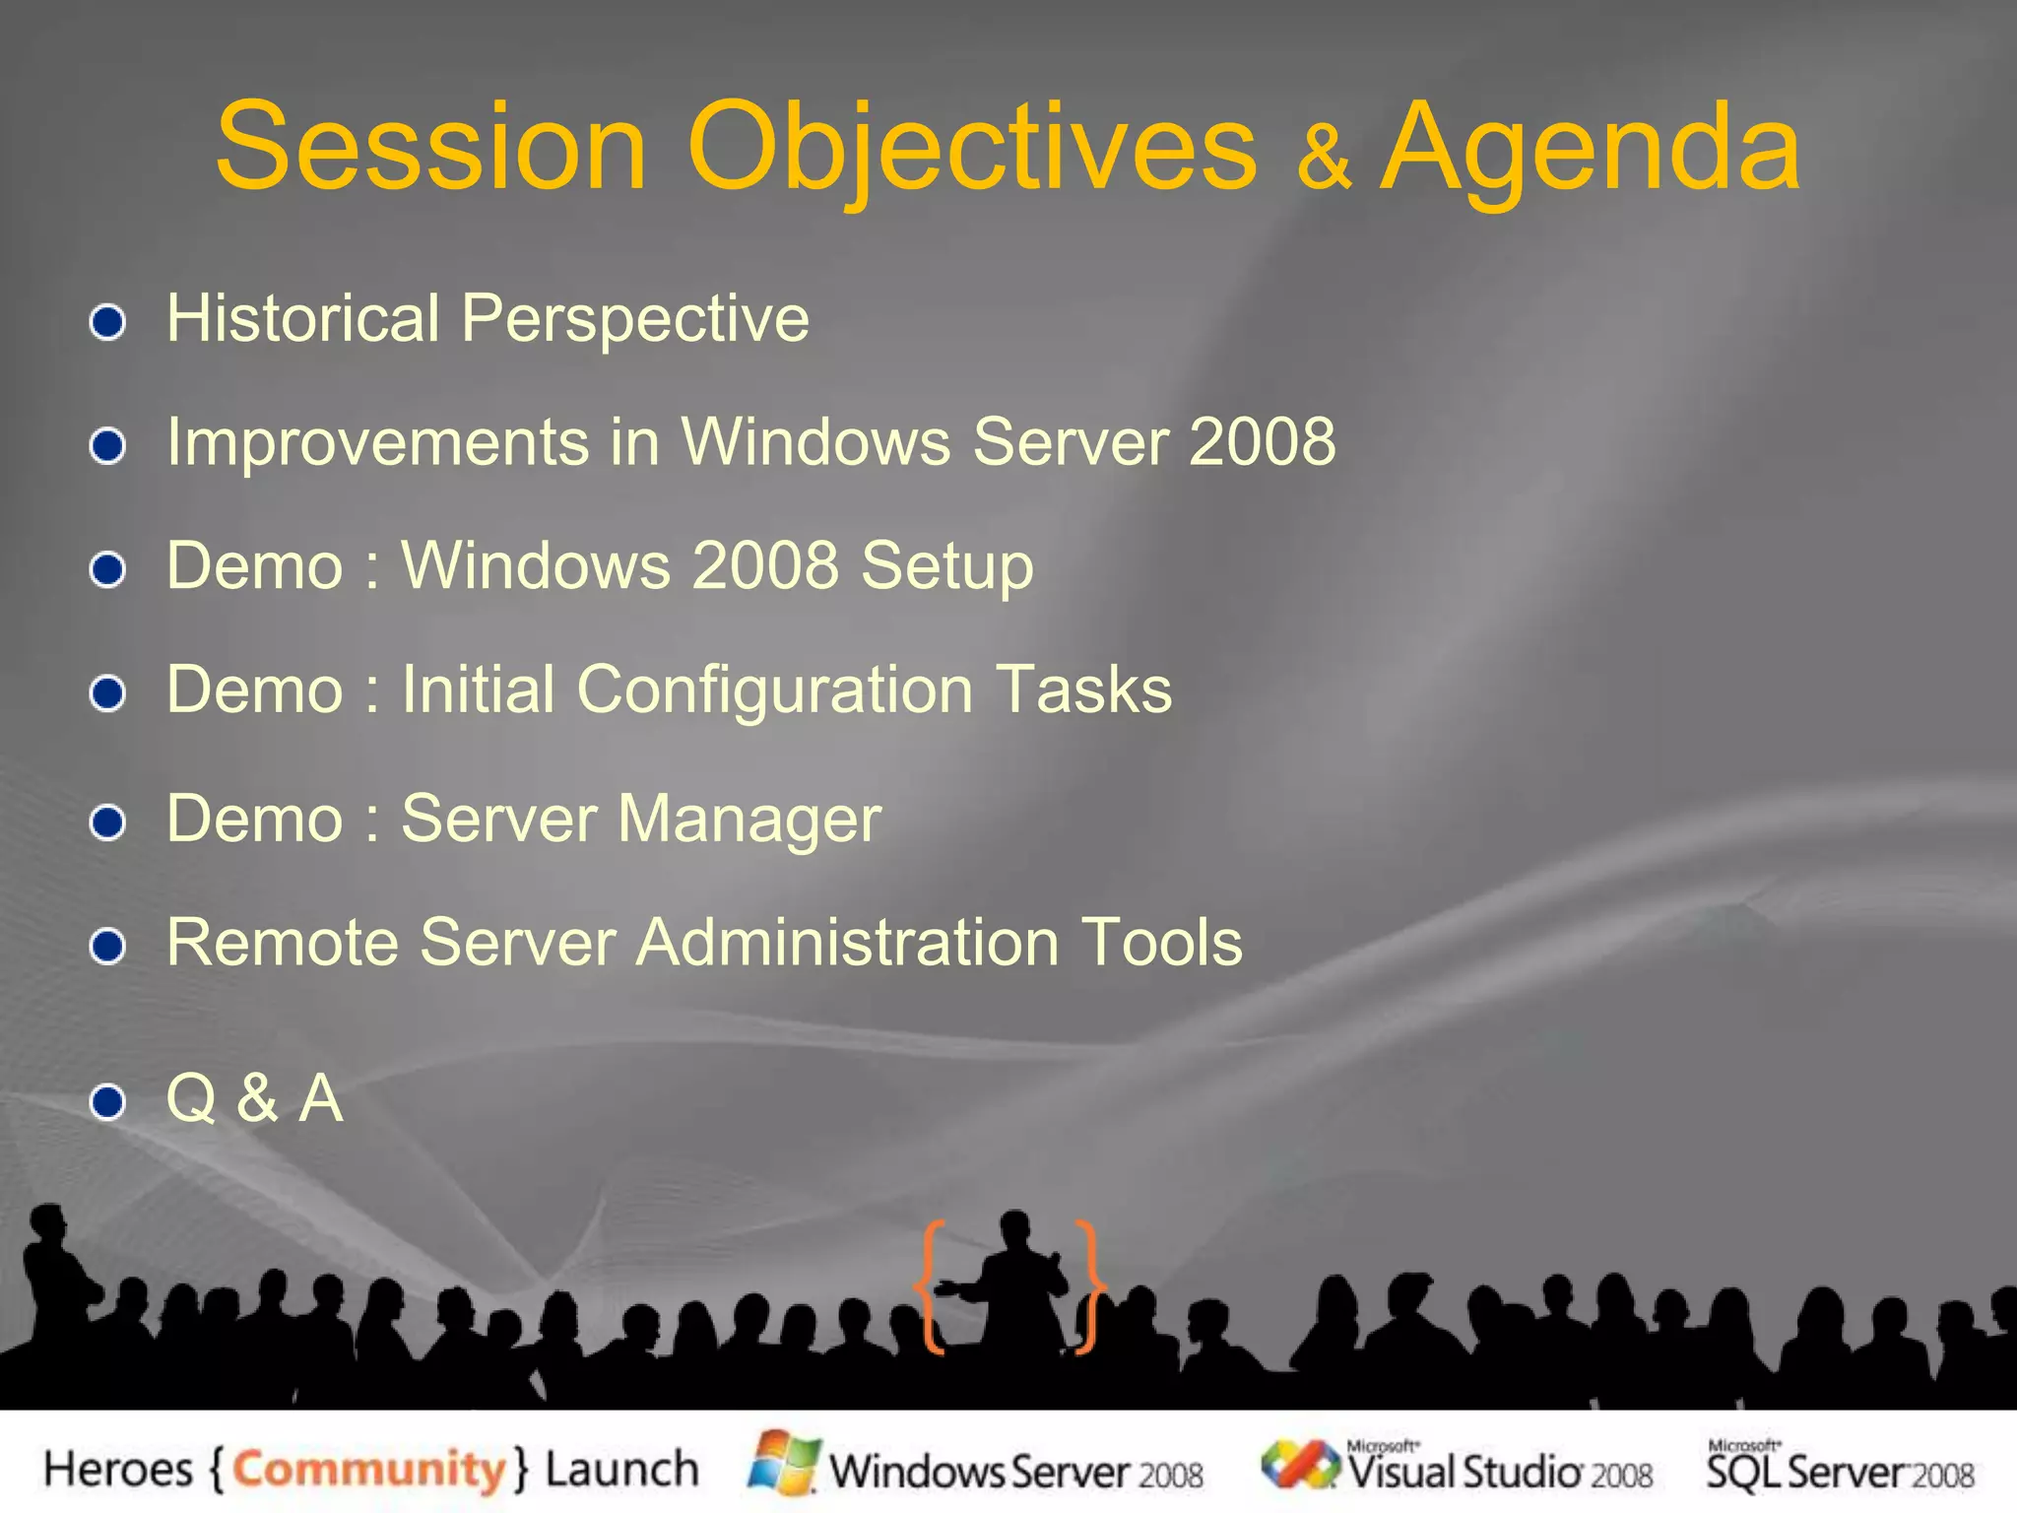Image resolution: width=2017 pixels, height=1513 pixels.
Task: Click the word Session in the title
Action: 431,148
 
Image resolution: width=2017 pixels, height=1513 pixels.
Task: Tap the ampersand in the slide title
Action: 1323,158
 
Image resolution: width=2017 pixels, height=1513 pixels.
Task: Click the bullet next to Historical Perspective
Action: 107,322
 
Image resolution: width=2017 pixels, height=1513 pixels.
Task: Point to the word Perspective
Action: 635,319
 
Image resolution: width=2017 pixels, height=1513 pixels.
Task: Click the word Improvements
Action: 377,442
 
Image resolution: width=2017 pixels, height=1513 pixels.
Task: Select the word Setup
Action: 946,567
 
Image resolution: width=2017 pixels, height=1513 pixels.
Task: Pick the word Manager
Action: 749,820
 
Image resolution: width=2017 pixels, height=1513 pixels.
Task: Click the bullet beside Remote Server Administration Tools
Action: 107,947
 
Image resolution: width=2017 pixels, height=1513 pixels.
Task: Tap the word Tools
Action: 1162,943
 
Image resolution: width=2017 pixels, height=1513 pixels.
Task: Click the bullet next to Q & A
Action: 107,1101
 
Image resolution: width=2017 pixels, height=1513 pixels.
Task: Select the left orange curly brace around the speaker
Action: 931,1285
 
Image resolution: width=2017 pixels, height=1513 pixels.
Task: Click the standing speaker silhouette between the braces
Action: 1014,1281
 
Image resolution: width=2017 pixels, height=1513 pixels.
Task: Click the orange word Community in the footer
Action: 369,1470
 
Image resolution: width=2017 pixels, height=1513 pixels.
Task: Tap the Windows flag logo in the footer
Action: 785,1463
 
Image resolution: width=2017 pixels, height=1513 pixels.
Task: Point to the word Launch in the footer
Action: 621,1470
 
